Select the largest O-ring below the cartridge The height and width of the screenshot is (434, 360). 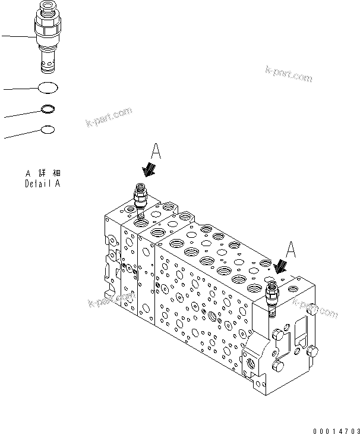[x=48, y=88]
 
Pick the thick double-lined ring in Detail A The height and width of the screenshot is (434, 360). [x=48, y=109]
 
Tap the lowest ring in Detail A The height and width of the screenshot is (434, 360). [x=48, y=129]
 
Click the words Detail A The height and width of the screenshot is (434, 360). [x=42, y=184]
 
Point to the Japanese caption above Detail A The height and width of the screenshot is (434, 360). [x=43, y=174]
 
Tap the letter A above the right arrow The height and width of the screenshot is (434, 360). [x=290, y=249]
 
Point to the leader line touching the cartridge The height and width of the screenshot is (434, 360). [x=18, y=37]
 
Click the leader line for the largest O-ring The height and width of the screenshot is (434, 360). [x=21, y=89]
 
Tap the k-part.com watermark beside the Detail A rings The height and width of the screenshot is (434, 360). [x=109, y=117]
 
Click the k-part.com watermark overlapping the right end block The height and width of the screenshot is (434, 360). [x=315, y=309]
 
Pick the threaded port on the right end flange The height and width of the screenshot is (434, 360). [x=248, y=361]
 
